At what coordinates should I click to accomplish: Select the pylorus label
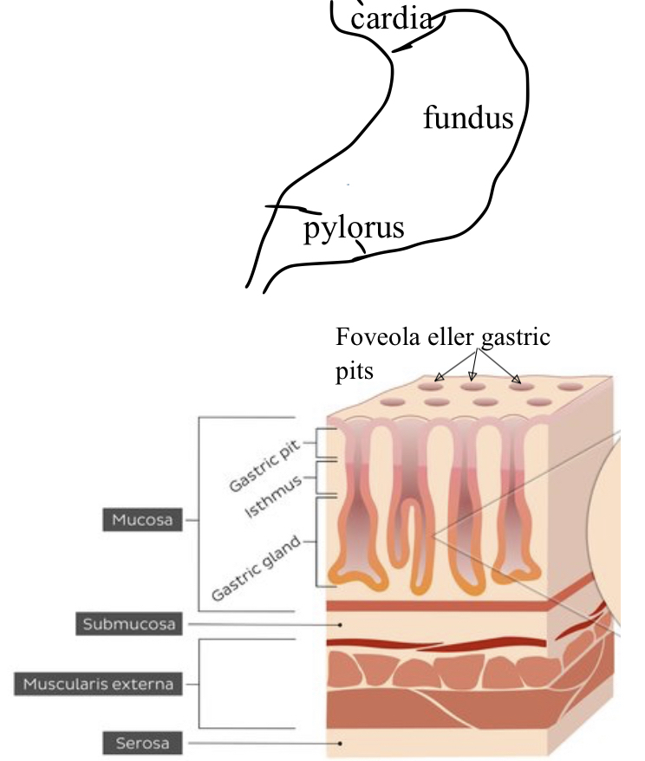354,228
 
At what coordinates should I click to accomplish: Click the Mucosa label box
142,520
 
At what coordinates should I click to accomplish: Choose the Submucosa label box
129,623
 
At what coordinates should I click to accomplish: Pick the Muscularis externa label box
98,684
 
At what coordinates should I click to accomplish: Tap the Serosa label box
142,743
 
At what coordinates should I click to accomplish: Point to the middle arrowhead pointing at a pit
472,377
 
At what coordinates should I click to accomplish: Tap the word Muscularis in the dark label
67,684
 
